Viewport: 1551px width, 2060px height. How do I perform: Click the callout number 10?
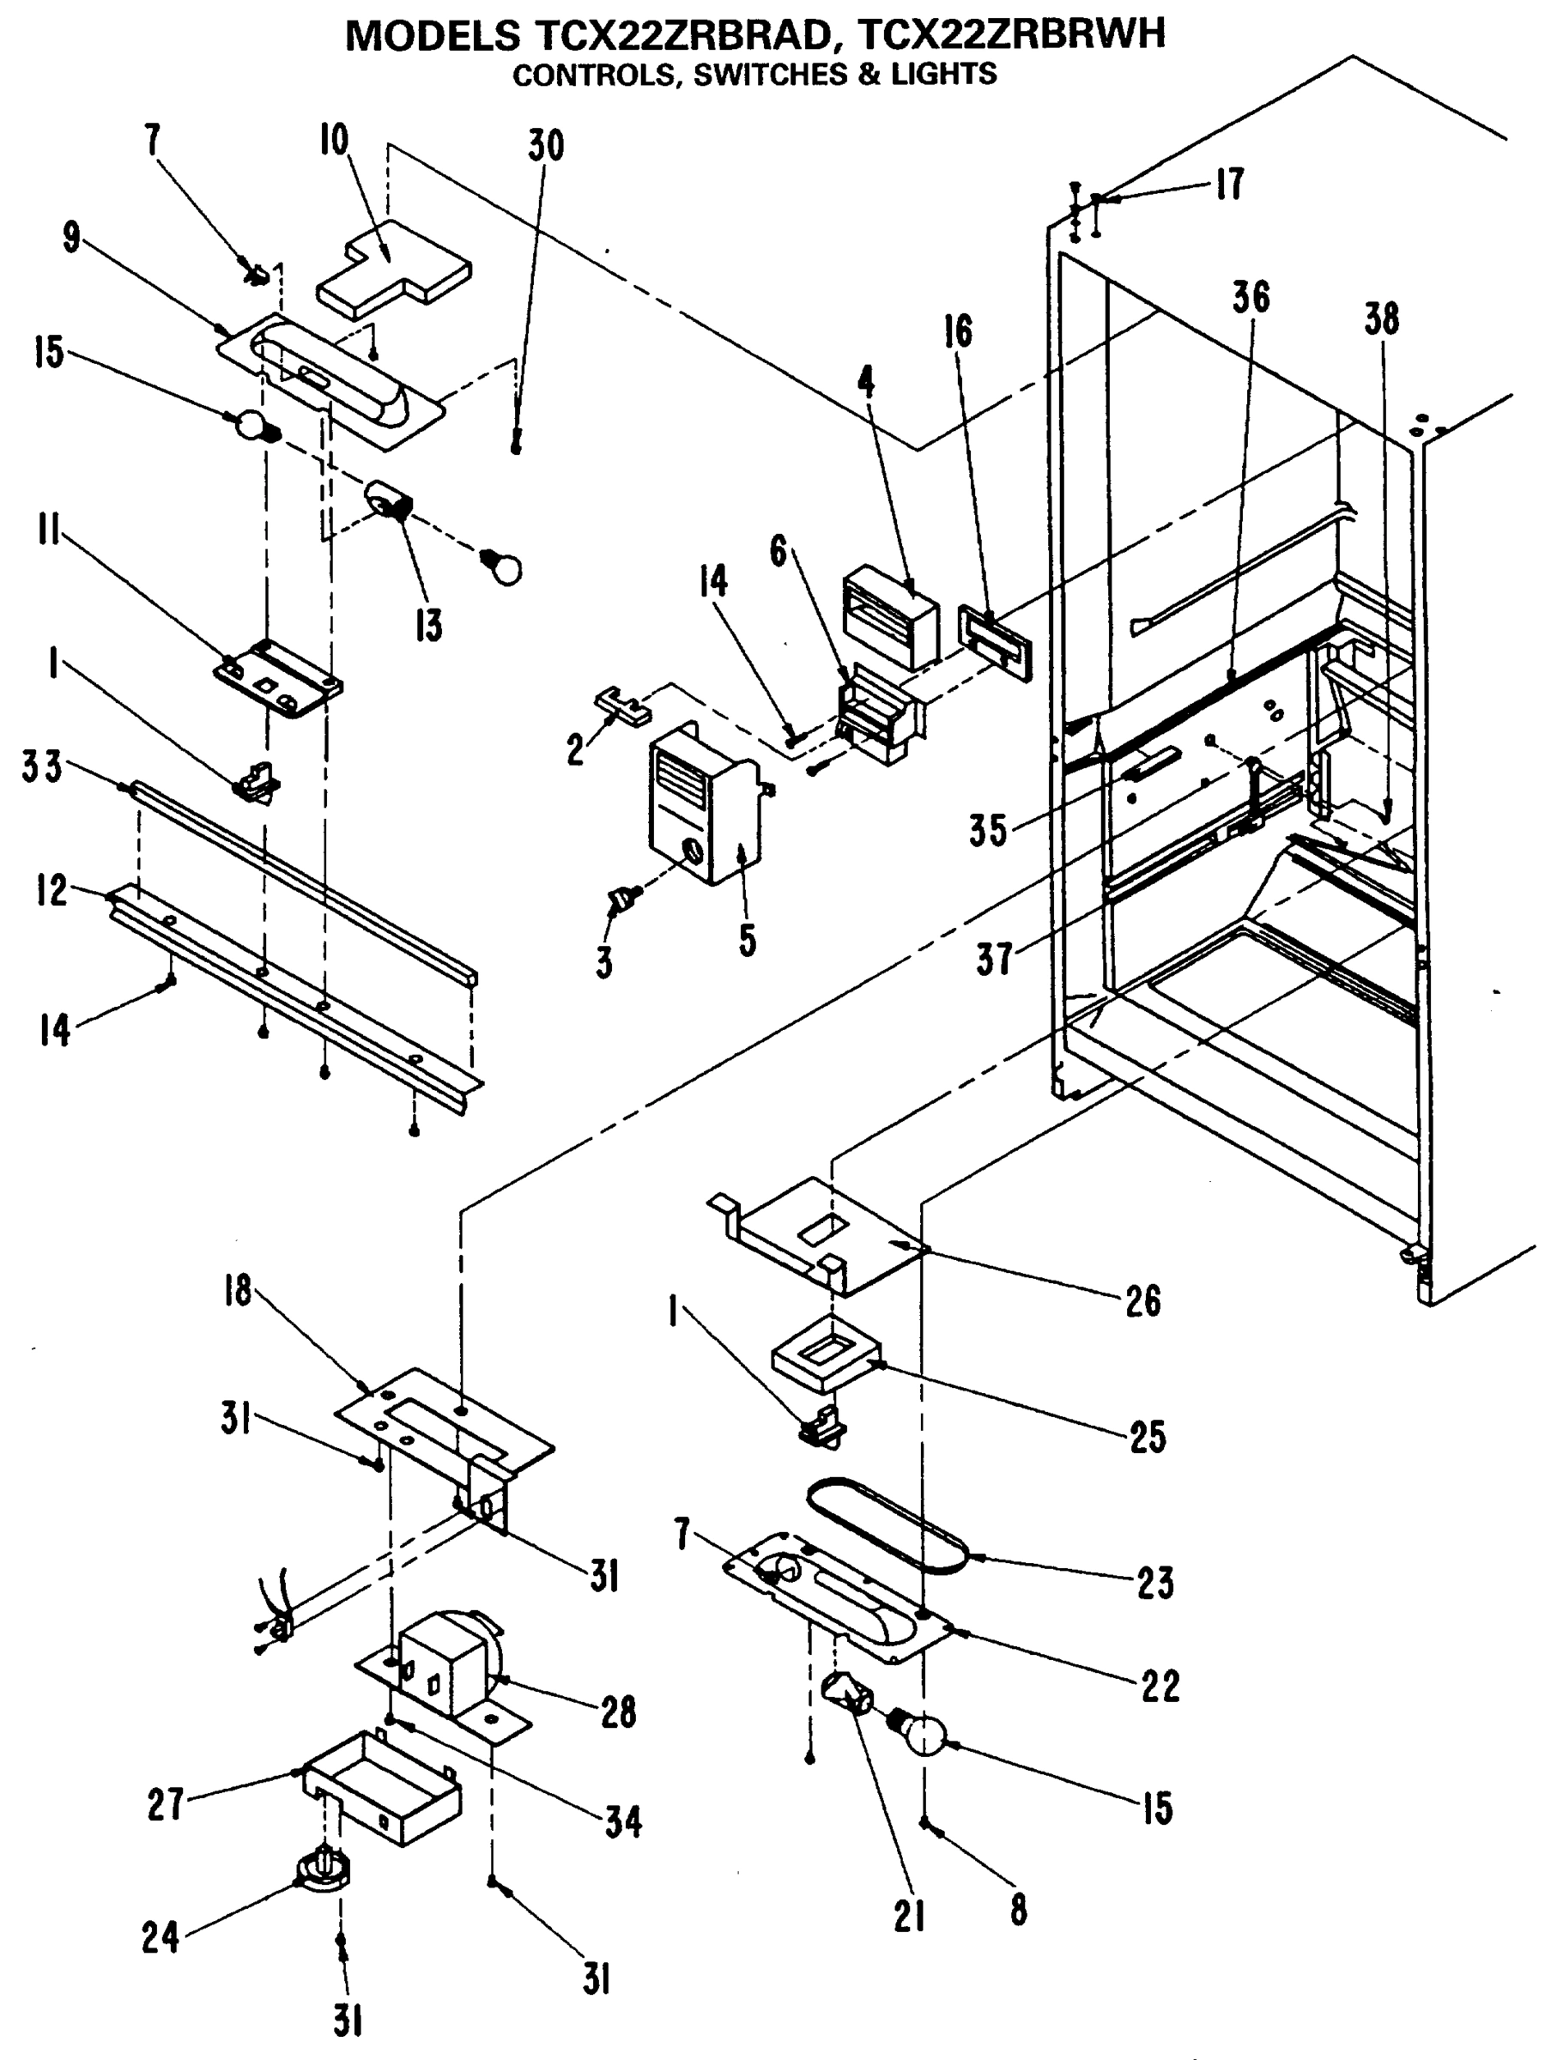[334, 141]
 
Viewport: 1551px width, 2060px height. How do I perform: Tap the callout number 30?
[546, 146]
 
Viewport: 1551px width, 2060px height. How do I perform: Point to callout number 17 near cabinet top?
[1230, 185]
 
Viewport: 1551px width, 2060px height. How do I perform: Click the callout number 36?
[1251, 298]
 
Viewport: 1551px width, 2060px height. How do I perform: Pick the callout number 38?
[1381, 319]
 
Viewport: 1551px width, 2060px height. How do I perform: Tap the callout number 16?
[959, 331]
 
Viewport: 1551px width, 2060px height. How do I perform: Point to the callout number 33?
[42, 768]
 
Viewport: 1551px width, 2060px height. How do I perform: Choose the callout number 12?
[52, 891]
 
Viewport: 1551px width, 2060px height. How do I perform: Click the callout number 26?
[1143, 1301]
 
